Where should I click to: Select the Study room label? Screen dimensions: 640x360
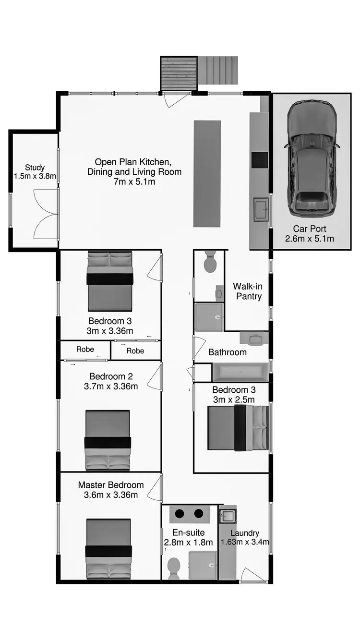35,172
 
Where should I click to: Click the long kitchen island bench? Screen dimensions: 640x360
207,173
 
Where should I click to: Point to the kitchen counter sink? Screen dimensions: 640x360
261,210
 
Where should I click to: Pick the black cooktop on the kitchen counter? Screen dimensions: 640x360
260,160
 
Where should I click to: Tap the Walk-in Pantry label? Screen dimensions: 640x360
248,291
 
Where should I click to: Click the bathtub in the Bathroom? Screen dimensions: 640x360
240,372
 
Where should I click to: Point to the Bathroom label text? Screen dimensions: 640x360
227,352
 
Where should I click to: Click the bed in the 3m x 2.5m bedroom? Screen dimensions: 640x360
238,428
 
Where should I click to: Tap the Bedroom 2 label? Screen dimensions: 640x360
110,381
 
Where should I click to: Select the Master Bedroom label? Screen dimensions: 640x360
110,490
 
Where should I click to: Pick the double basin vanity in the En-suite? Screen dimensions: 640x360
189,514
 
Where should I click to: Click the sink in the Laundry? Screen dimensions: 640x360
228,517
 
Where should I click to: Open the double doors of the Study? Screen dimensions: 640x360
46,214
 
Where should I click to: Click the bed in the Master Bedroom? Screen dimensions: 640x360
108,549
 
